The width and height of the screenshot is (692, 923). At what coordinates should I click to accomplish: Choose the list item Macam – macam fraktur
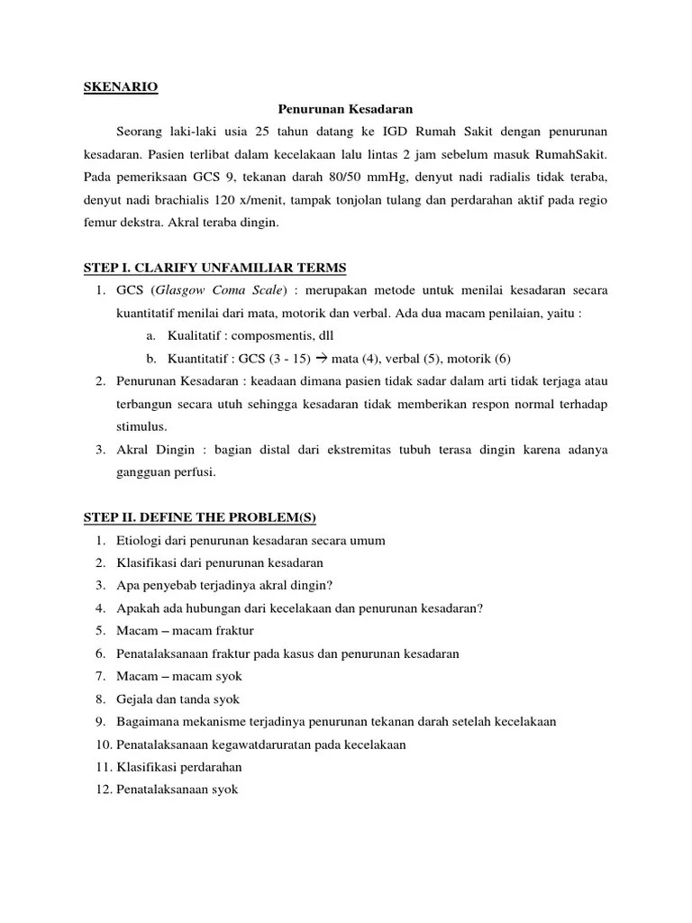[x=186, y=630]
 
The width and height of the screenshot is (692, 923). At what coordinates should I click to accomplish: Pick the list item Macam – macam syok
[x=179, y=675]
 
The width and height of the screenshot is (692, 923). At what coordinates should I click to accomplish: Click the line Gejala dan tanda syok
[x=178, y=698]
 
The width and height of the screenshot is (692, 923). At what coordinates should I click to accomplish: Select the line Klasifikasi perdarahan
[x=179, y=767]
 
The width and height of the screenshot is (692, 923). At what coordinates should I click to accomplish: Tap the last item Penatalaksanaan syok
[x=177, y=790]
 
